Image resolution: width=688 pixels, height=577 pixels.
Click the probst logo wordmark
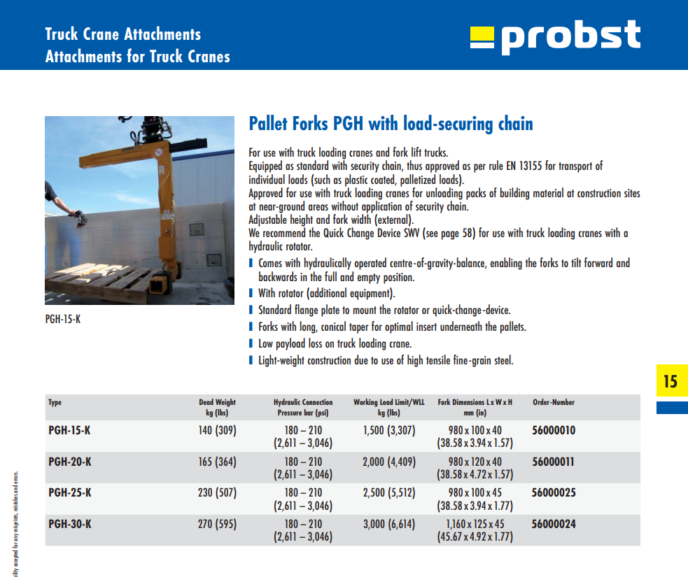(570, 37)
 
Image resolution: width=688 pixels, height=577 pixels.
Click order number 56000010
(554, 430)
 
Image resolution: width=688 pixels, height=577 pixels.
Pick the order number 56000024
(554, 524)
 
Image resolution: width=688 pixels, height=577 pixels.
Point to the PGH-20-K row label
(70, 462)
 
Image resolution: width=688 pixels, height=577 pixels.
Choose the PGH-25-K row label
(70, 492)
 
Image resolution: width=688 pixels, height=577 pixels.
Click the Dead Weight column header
(217, 407)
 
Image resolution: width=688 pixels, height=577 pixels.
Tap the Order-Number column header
(554, 402)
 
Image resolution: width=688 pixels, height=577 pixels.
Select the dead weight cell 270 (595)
(217, 524)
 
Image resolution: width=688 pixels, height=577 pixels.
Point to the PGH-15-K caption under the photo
(63, 319)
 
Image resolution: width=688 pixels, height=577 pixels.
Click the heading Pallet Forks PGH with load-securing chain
(391, 124)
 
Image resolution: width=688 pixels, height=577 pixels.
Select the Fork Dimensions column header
(475, 407)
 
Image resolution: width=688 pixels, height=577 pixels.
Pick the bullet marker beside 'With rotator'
(251, 293)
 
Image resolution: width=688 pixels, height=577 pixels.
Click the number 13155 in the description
(531, 166)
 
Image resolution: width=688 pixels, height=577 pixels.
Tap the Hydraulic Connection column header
(303, 407)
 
